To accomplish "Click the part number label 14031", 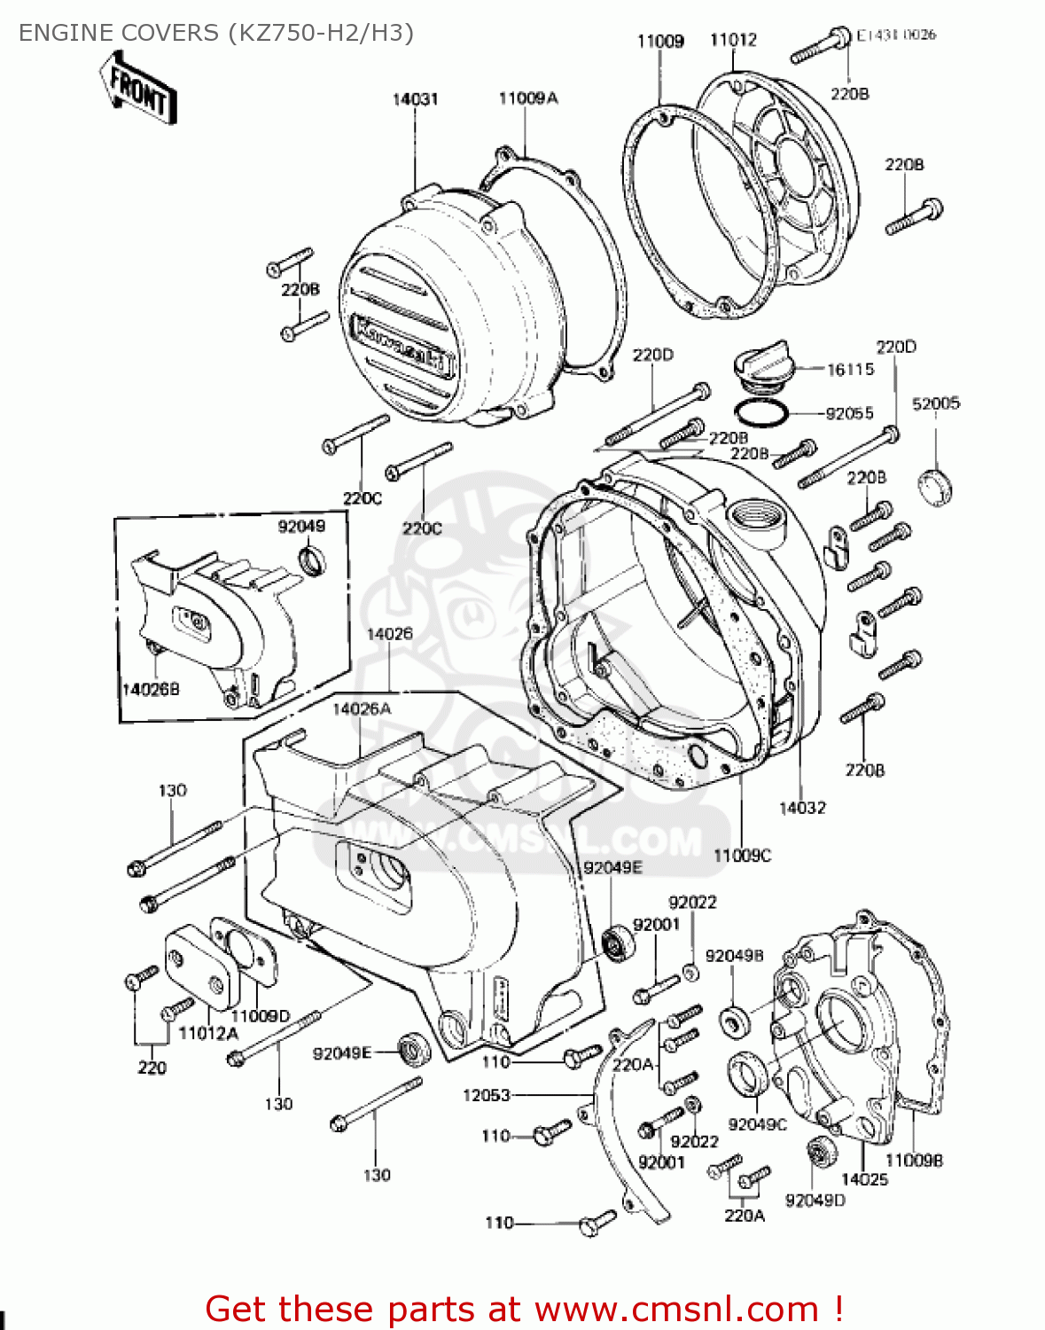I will pyautogui.click(x=415, y=99).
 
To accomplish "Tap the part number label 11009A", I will pyautogui.click(x=527, y=98).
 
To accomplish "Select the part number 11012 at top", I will pyautogui.click(x=733, y=40).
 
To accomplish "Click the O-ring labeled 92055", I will pyautogui.click(x=761, y=413).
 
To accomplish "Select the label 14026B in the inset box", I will pyautogui.click(x=151, y=689).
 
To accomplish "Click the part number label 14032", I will pyautogui.click(x=802, y=808).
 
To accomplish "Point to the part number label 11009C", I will pyautogui.click(x=742, y=856).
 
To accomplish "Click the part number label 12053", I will pyautogui.click(x=487, y=1095).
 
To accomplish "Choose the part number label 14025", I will pyautogui.click(x=864, y=1179).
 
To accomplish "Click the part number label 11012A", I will pyautogui.click(x=208, y=1033).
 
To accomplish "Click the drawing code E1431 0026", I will pyautogui.click(x=895, y=35).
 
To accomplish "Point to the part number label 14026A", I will pyautogui.click(x=362, y=708).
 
